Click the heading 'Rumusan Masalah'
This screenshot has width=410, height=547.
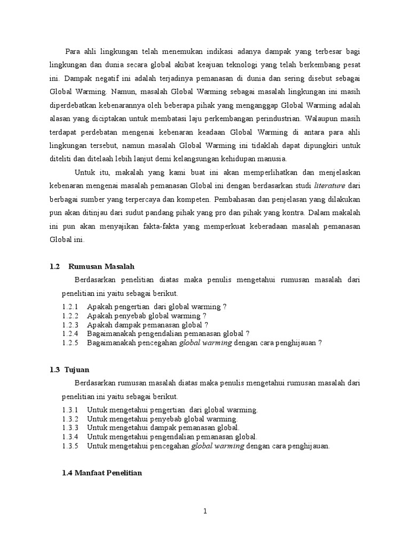pyautogui.click(x=101, y=267)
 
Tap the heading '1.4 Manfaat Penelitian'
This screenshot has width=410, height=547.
pyautogui.click(x=102, y=473)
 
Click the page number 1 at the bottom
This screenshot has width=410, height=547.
pyautogui.click(x=204, y=511)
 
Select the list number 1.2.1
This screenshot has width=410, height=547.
pyautogui.click(x=70, y=307)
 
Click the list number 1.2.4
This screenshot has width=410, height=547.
pyautogui.click(x=70, y=334)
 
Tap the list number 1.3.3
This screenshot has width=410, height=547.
pyautogui.click(x=70, y=428)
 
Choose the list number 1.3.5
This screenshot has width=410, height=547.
pyautogui.click(x=70, y=446)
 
